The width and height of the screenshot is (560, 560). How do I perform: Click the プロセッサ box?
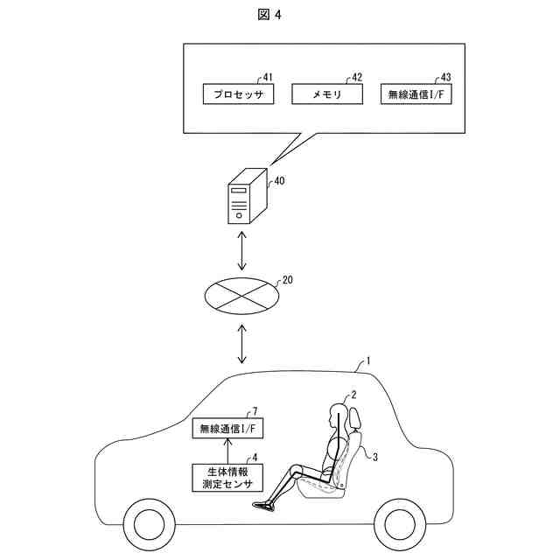coord(239,94)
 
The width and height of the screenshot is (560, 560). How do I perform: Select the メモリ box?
coord(327,94)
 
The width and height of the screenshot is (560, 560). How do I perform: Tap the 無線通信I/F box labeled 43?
coord(416,94)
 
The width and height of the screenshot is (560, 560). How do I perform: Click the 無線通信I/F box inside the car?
coord(227,428)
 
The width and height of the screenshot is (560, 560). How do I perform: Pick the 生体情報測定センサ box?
coord(227,477)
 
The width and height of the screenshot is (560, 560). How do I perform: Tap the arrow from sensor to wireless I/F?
coord(227,451)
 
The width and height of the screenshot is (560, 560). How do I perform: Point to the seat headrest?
coord(354,418)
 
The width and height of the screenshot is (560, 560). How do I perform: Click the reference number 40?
coord(279,182)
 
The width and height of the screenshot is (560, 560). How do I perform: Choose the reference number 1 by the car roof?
coord(368,360)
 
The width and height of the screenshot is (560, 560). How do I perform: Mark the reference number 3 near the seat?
coord(374,457)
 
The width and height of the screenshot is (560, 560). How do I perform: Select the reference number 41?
coord(268,77)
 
